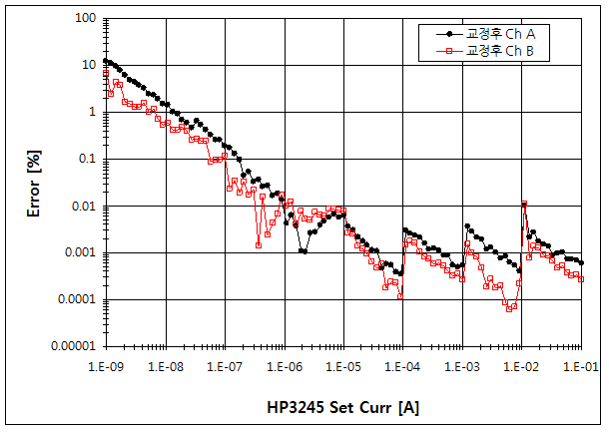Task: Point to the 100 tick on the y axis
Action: pyautogui.click(x=83, y=18)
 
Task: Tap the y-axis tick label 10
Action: pyautogui.click(x=87, y=65)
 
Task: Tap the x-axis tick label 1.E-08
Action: pyautogui.click(x=164, y=367)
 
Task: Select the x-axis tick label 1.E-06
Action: pyautogui.click(x=283, y=367)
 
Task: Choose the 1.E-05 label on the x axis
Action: pyautogui.click(x=342, y=367)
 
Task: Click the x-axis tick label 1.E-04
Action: pyautogui.click(x=402, y=367)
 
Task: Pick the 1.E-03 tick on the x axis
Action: pyautogui.click(x=462, y=367)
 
